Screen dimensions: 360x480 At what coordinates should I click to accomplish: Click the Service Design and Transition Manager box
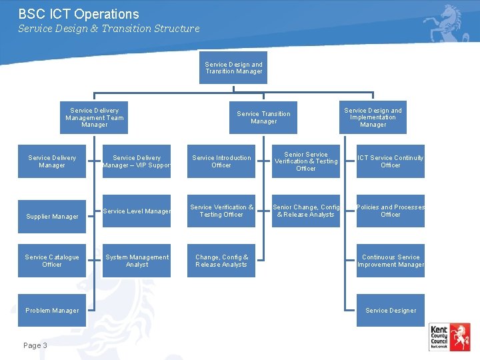point(234,68)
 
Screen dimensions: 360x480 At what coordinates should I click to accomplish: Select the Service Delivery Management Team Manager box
point(95,117)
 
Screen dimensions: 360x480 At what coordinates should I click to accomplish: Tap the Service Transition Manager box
point(264,117)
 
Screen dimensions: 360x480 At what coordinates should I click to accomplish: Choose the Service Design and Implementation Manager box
point(373,117)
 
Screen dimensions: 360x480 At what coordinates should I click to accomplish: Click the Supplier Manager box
point(52,217)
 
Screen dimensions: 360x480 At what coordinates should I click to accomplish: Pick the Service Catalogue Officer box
point(52,261)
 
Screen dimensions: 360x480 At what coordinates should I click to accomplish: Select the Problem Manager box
point(52,310)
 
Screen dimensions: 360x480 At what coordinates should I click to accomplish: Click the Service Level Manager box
point(137,211)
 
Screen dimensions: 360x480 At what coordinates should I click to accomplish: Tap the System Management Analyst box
point(137,261)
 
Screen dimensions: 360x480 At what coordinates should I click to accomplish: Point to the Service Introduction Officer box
point(221,161)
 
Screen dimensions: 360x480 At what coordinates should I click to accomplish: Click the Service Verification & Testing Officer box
point(221,211)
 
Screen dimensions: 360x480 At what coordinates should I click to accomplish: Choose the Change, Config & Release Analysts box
point(221,261)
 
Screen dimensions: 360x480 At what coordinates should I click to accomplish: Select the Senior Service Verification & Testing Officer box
point(306,161)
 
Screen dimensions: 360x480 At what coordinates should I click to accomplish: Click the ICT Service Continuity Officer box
point(391,161)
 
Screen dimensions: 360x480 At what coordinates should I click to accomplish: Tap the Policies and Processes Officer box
point(391,211)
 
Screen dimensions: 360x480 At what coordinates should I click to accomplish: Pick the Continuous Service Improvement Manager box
point(391,261)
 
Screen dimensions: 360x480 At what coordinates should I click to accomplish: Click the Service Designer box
point(391,310)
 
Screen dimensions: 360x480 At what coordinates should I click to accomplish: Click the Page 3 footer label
point(35,345)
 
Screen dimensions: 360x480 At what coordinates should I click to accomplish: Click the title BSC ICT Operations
point(79,14)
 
